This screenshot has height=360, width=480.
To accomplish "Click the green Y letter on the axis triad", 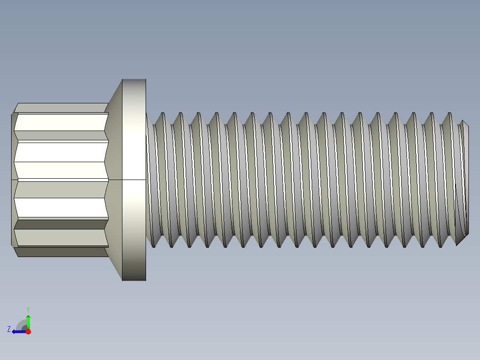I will coord(28,309).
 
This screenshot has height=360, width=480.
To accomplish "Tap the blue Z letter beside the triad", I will coord(9,329).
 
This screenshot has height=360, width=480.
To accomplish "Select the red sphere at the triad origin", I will coord(28,331).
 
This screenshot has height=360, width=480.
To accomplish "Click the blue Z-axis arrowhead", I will coord(15,331).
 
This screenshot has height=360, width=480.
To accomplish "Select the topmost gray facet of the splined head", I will coord(61,107).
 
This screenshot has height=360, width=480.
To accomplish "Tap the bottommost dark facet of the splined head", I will coord(61,252).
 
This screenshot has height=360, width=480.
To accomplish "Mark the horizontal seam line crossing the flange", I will coord(134,180).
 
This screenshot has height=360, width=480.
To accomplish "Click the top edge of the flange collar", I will coord(134,79).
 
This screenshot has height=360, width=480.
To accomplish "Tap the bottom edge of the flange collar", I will coord(134,280).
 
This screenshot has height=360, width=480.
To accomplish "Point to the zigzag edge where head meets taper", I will coord(107,180).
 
